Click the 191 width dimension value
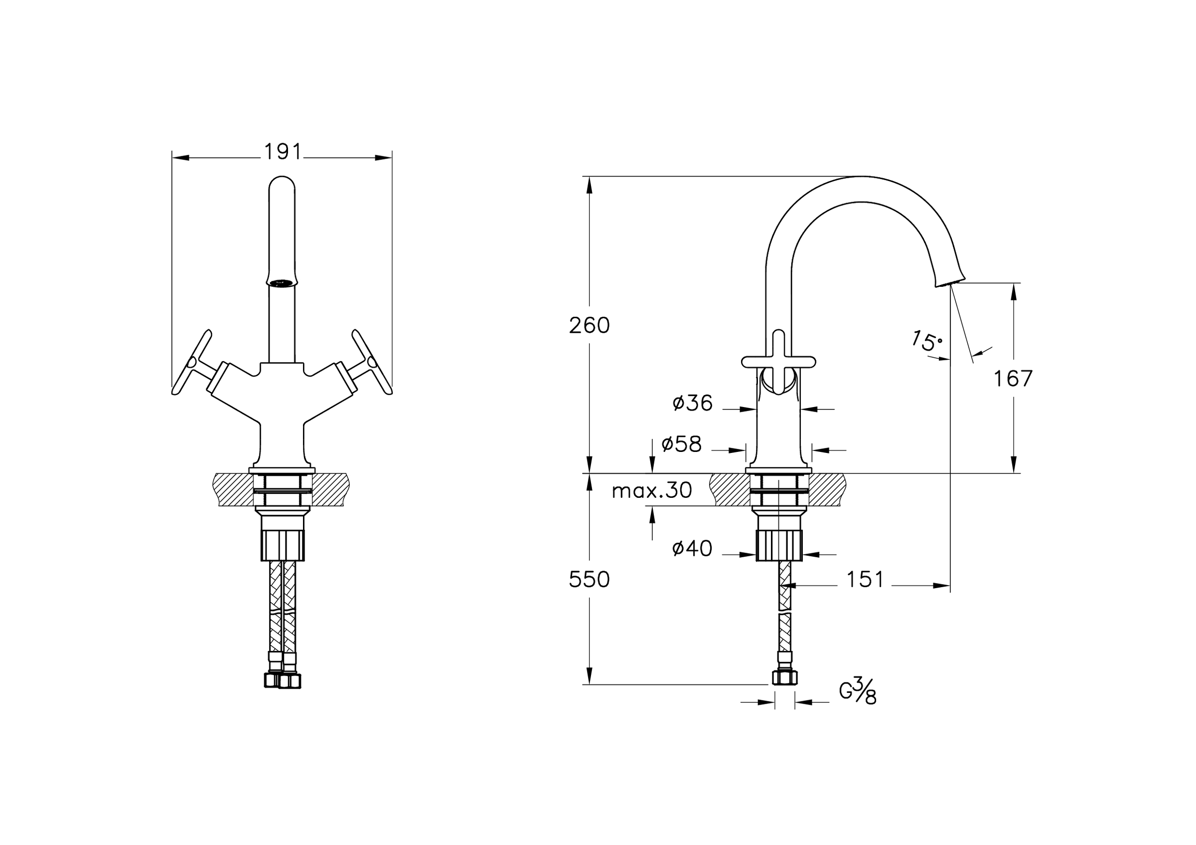pyautogui.click(x=283, y=152)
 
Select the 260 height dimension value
pyautogui.click(x=589, y=326)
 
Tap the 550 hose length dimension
pyautogui.click(x=589, y=580)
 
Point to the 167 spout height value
pyautogui.click(x=1013, y=379)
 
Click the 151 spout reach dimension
pyautogui.click(x=865, y=580)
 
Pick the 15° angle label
pyautogui.click(x=927, y=341)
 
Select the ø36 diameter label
pyautogui.click(x=692, y=403)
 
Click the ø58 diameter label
pyautogui.click(x=681, y=444)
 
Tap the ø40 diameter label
pyautogui.click(x=692, y=548)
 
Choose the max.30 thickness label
pyautogui.click(x=652, y=490)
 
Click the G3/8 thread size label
pyautogui.click(x=858, y=691)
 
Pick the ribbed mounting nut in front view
pyautogui.click(x=282, y=545)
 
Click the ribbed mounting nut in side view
pyautogui.click(x=779, y=545)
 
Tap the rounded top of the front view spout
pyautogui.click(x=282, y=185)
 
